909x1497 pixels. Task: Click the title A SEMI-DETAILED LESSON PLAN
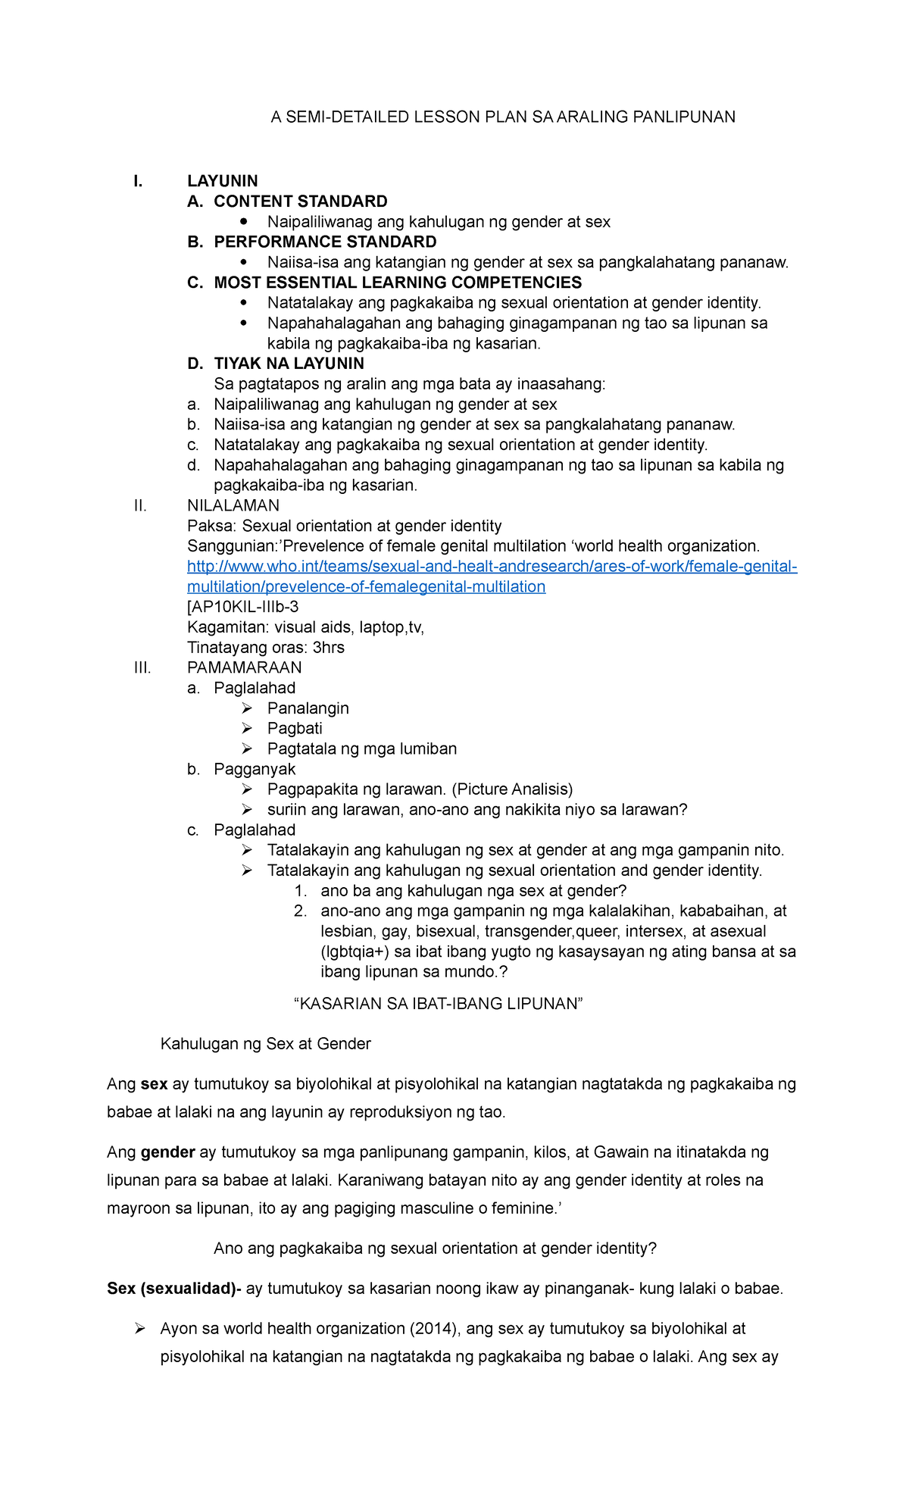[503, 117]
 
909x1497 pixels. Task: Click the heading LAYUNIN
[223, 181]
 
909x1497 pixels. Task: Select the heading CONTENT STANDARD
[300, 202]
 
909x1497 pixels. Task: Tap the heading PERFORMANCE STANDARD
[325, 242]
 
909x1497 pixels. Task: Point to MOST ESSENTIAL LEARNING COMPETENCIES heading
[398, 283]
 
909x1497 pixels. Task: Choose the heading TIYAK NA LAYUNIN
[289, 364]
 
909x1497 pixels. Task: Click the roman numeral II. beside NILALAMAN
[139, 505]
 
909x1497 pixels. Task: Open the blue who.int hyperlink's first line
[492, 567]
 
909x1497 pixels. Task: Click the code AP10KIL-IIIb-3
[245, 607]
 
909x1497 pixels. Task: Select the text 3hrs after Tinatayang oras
[329, 648]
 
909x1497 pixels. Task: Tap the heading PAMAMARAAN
[244, 667]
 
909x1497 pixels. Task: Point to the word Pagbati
[295, 728]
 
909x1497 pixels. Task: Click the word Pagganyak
[255, 769]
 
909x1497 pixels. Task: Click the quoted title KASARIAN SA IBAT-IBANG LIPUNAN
[438, 1004]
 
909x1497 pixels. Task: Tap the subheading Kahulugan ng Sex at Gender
[265, 1044]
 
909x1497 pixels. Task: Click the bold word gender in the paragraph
[168, 1152]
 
